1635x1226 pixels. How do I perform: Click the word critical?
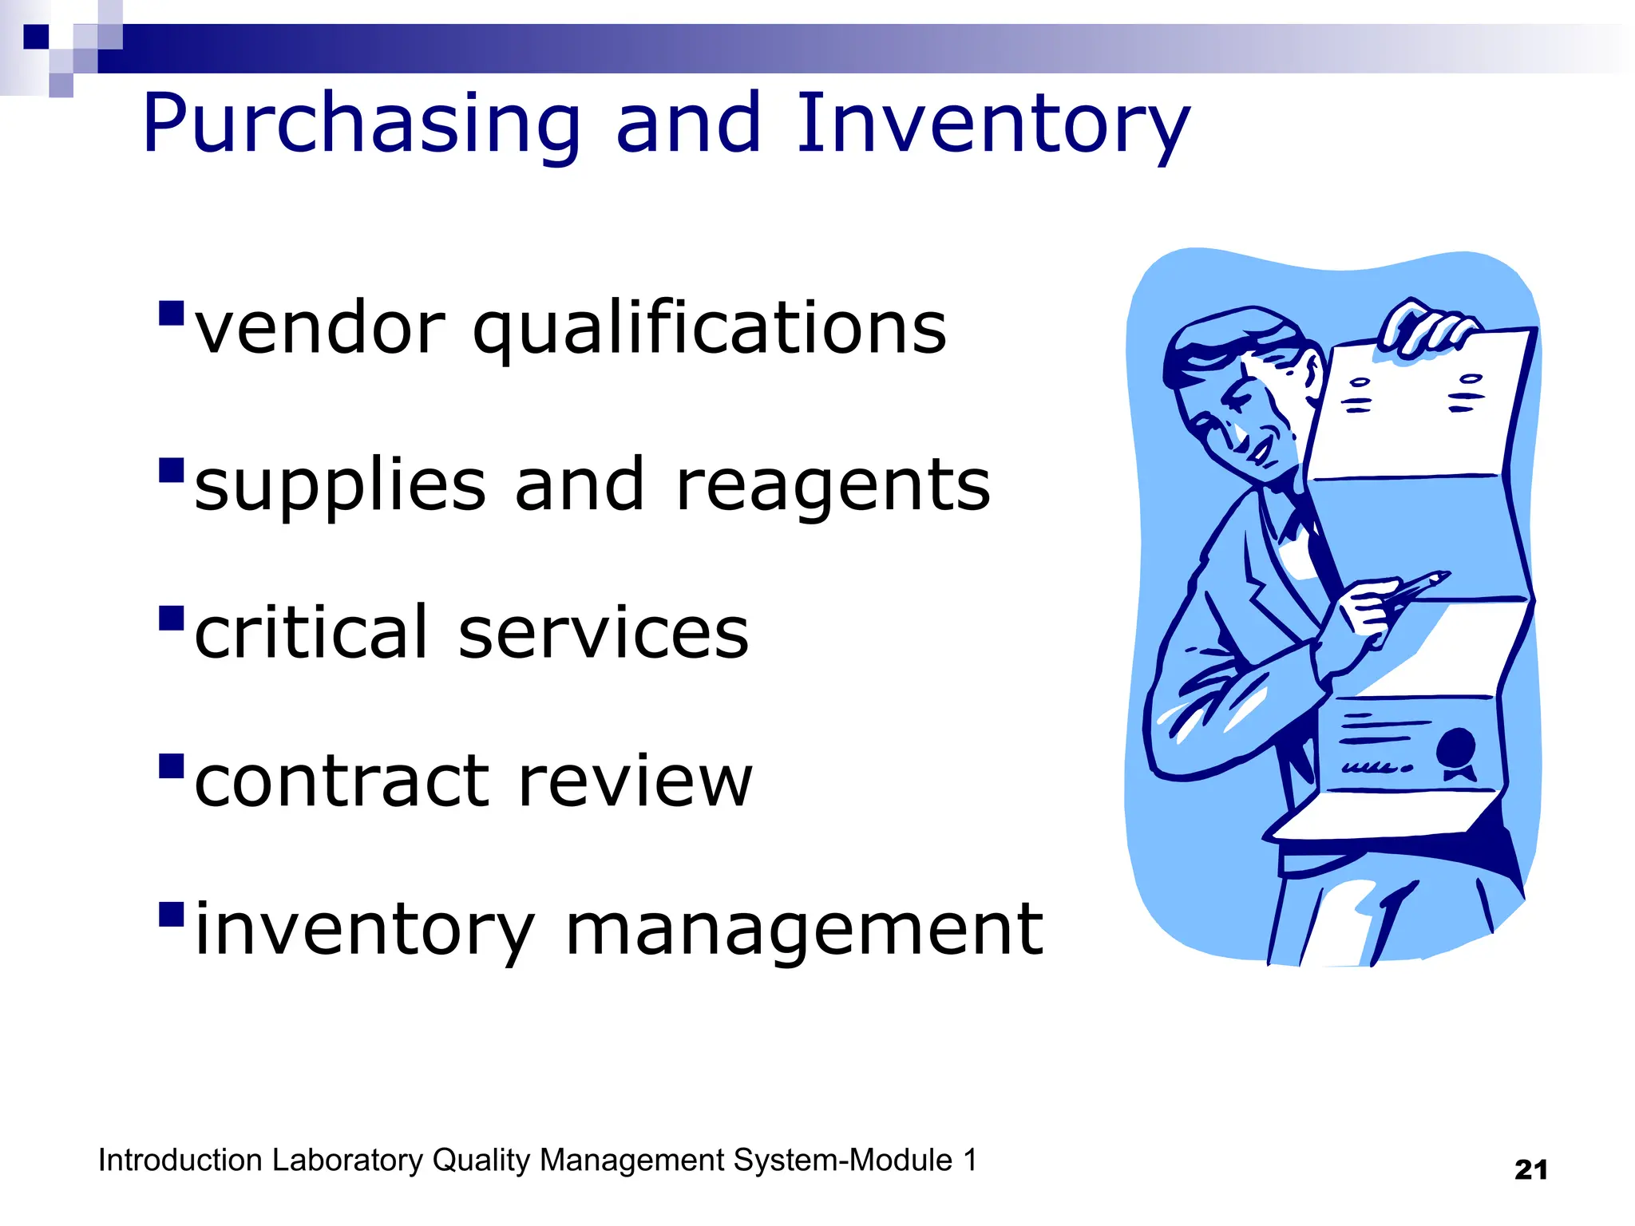pyautogui.click(x=311, y=632)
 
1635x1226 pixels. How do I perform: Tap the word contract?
pyautogui.click(x=342, y=782)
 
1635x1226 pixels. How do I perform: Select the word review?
pyautogui.click(x=635, y=782)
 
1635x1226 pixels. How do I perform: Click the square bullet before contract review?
pyautogui.click(x=172, y=766)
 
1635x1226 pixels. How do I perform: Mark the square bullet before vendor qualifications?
pyautogui.click(x=172, y=314)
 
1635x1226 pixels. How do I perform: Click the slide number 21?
pyautogui.click(x=1530, y=1170)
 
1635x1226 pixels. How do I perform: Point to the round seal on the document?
pyautogui.click(x=1456, y=747)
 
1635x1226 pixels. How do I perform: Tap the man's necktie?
pyautogui.click(x=1321, y=551)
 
